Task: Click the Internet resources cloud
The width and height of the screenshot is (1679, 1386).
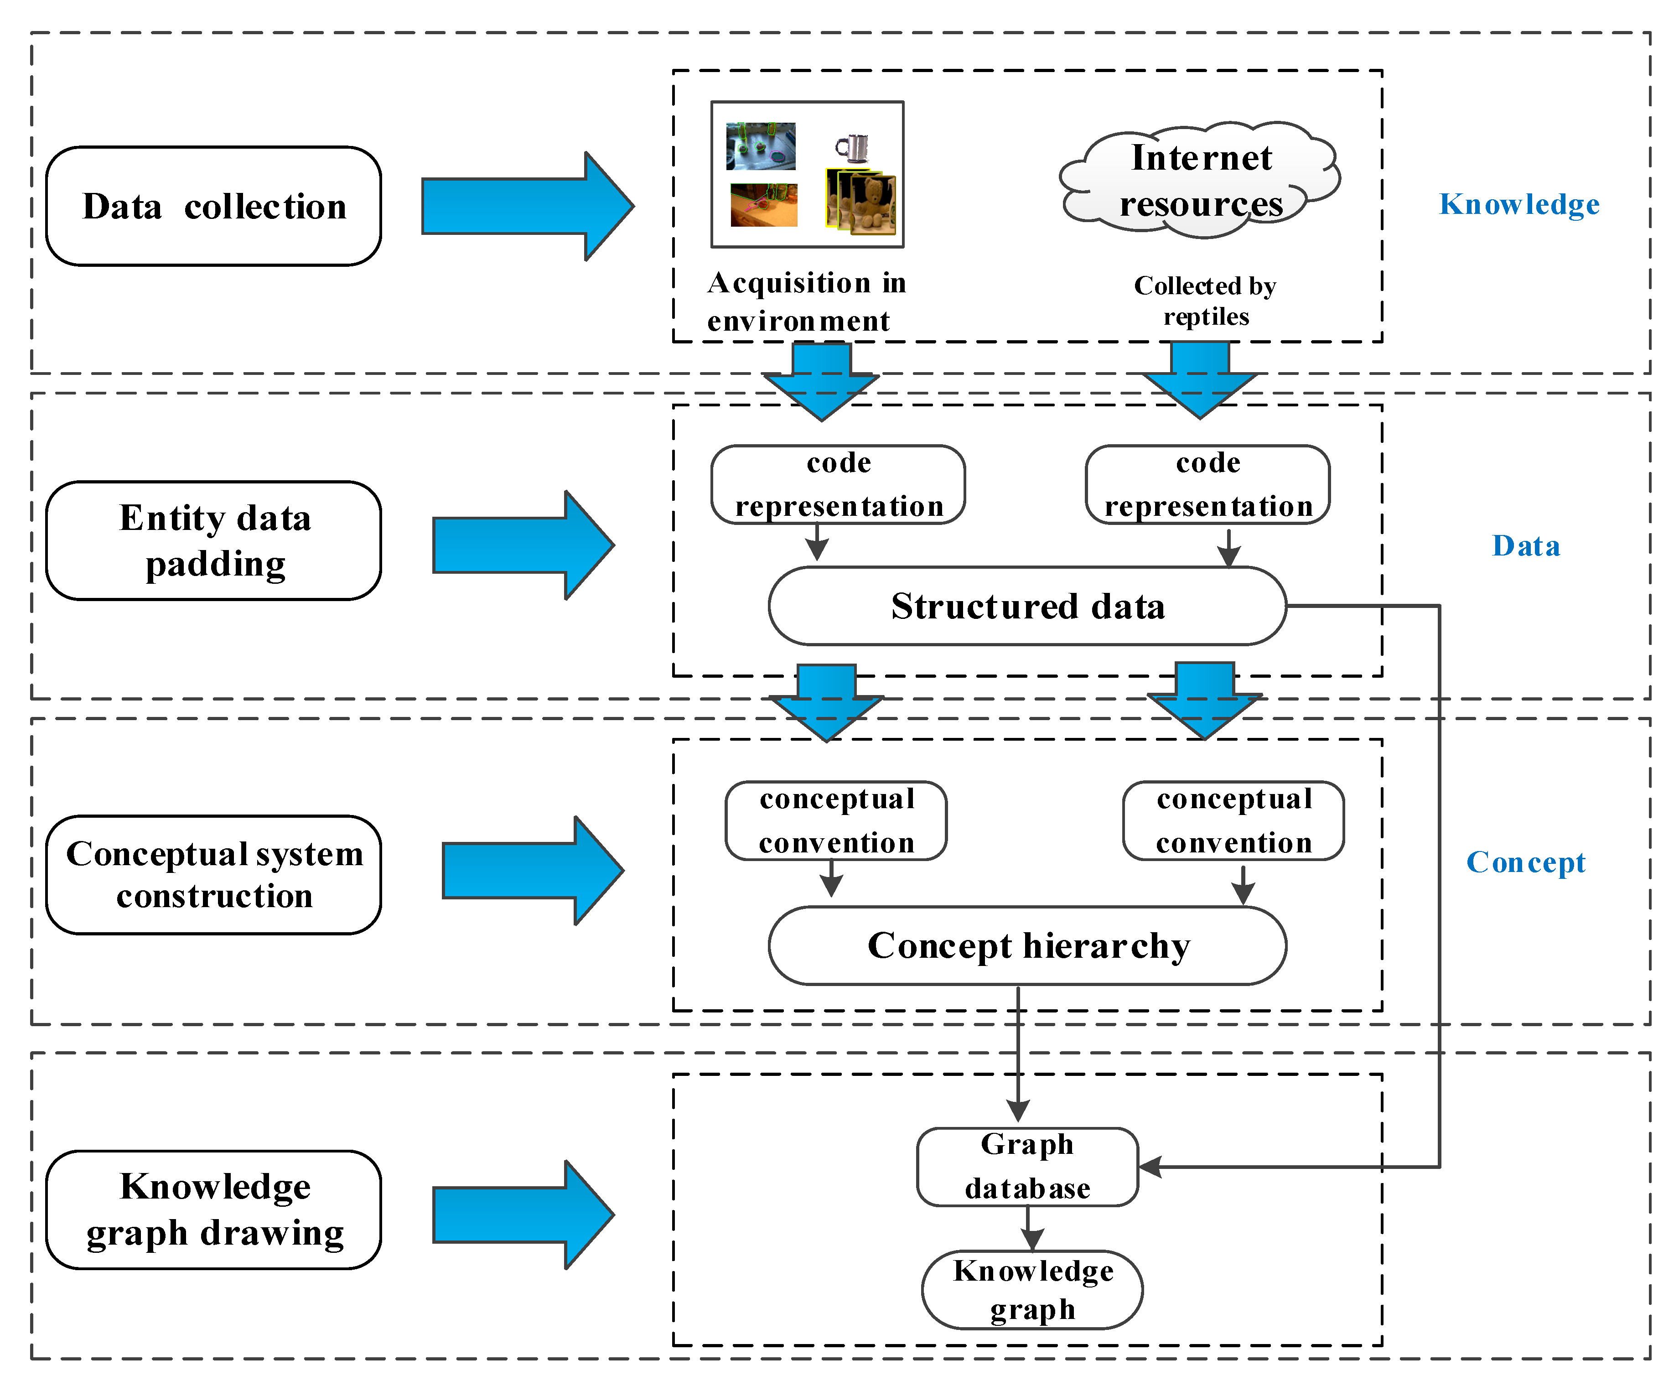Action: [x=1200, y=181]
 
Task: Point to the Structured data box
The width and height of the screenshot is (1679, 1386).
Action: [x=1027, y=606]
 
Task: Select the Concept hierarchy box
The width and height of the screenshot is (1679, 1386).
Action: [x=1027, y=945]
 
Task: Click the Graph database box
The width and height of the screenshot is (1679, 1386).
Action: [x=1027, y=1167]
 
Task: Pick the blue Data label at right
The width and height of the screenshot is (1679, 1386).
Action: [x=1526, y=546]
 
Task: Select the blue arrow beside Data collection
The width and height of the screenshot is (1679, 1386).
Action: [x=527, y=206]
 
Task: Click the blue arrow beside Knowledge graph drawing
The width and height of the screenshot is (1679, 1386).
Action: [x=523, y=1215]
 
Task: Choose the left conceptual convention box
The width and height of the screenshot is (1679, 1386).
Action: [x=836, y=821]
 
